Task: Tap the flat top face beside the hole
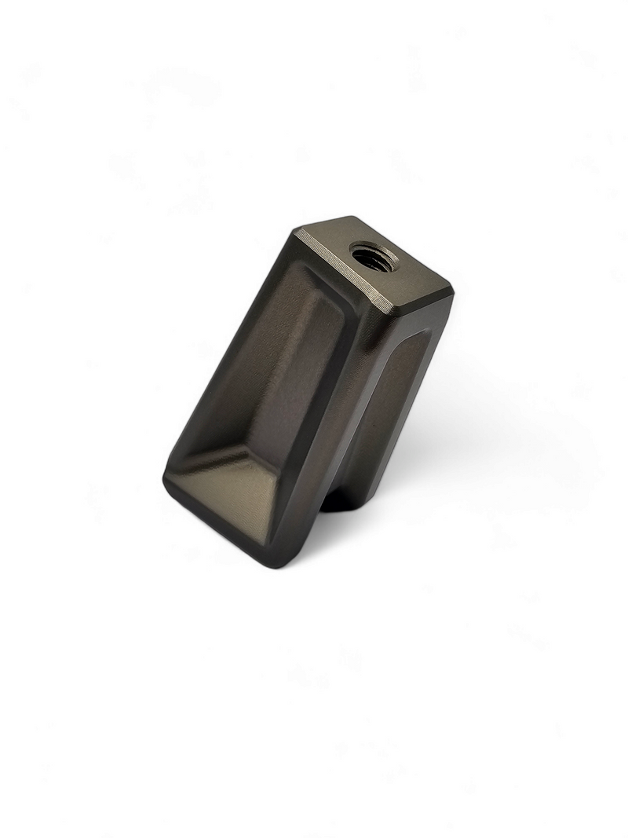(x=408, y=284)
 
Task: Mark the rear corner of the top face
(x=353, y=218)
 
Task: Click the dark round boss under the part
(x=338, y=499)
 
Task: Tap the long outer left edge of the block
(x=228, y=353)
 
